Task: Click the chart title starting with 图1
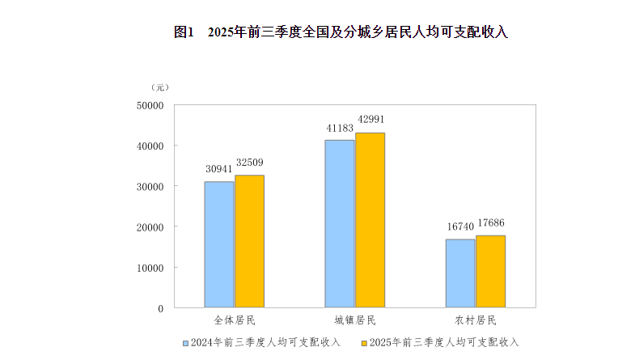tap(340, 32)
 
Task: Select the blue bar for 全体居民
tap(219, 244)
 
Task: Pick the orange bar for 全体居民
tap(249, 241)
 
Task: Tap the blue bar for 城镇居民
tap(340, 223)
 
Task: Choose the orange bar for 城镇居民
tap(370, 220)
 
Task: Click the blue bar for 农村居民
tap(460, 273)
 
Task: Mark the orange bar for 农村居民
tap(490, 271)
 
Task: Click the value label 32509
tap(250, 163)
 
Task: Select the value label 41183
tap(340, 128)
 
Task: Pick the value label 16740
tap(460, 227)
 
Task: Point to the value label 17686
tap(491, 223)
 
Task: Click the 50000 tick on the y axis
tap(150, 105)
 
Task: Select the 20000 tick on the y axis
tap(150, 227)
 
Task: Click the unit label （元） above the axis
tap(159, 87)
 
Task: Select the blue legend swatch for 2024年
tap(186, 343)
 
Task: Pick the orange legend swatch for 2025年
tap(363, 343)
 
